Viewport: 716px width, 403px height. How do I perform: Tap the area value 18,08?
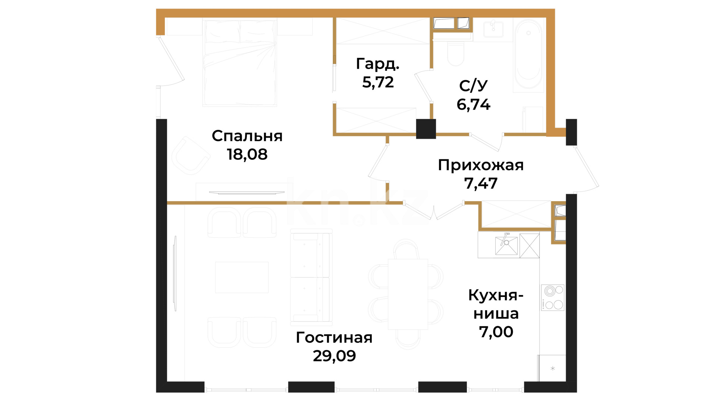[247, 154]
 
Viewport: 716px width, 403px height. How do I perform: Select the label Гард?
[378, 64]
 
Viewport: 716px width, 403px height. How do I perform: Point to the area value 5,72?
[378, 82]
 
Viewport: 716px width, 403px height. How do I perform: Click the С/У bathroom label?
[473, 86]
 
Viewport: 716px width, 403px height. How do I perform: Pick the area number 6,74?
[473, 104]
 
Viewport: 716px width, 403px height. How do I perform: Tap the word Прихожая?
[481, 165]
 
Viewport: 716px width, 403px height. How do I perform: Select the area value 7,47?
[481, 183]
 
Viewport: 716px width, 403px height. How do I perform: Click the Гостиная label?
[334, 338]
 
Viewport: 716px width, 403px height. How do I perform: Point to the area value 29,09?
[334, 356]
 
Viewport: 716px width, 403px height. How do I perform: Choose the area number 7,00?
[496, 332]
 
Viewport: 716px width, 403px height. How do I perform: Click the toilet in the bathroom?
[455, 54]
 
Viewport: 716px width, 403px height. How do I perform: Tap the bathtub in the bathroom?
[528, 54]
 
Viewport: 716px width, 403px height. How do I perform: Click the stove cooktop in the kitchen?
[553, 297]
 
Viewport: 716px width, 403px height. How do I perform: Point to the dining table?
[408, 294]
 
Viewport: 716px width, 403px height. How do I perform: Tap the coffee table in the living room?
[242, 277]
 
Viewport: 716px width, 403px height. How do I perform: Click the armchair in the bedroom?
[190, 156]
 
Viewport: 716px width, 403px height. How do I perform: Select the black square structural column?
[426, 129]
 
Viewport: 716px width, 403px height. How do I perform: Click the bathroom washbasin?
[493, 29]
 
